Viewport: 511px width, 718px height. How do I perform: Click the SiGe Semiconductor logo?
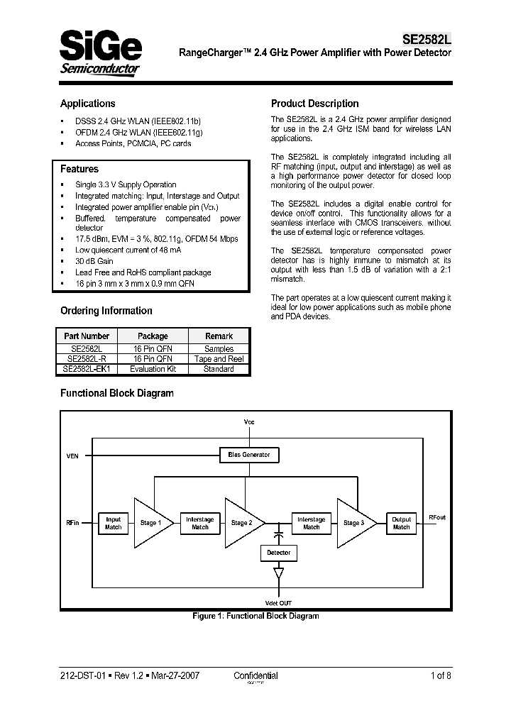[x=100, y=51]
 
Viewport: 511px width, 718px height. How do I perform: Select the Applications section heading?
[x=87, y=104]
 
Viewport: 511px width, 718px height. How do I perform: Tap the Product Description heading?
[x=314, y=104]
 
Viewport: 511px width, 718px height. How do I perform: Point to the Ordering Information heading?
[x=106, y=311]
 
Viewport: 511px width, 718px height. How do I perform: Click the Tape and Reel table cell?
[x=219, y=359]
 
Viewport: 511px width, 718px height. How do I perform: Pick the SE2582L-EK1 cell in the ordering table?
[x=86, y=369]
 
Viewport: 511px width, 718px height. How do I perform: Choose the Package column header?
[x=153, y=336]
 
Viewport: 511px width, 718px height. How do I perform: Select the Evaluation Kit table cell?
[x=153, y=369]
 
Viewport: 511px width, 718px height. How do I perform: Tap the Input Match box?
[x=113, y=523]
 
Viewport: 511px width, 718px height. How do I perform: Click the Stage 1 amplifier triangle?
[x=150, y=523]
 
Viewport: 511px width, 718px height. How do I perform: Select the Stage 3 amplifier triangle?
[x=354, y=523]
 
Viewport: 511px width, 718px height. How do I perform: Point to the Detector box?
[x=278, y=553]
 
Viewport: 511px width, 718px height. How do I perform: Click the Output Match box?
[x=402, y=523]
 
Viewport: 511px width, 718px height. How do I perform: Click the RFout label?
[x=438, y=519]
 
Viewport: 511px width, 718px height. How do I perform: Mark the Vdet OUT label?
[x=278, y=602]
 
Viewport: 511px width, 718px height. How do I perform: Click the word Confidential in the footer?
[x=255, y=675]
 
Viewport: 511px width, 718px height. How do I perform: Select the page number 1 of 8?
[x=441, y=675]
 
